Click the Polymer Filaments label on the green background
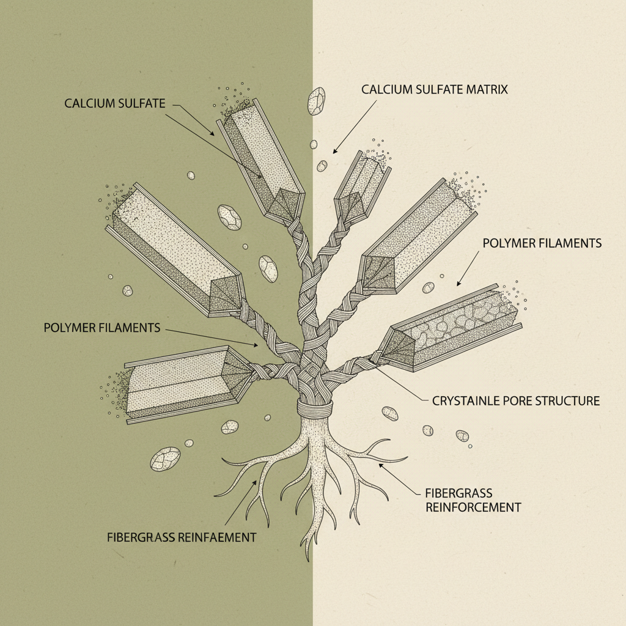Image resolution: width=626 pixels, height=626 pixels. [101, 328]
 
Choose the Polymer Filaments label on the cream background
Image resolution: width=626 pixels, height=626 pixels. [542, 243]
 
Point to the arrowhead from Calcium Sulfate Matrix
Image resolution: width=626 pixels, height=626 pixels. [335, 151]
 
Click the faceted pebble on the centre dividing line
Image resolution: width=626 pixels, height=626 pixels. [317, 101]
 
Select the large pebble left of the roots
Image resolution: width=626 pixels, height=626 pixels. [165, 458]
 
